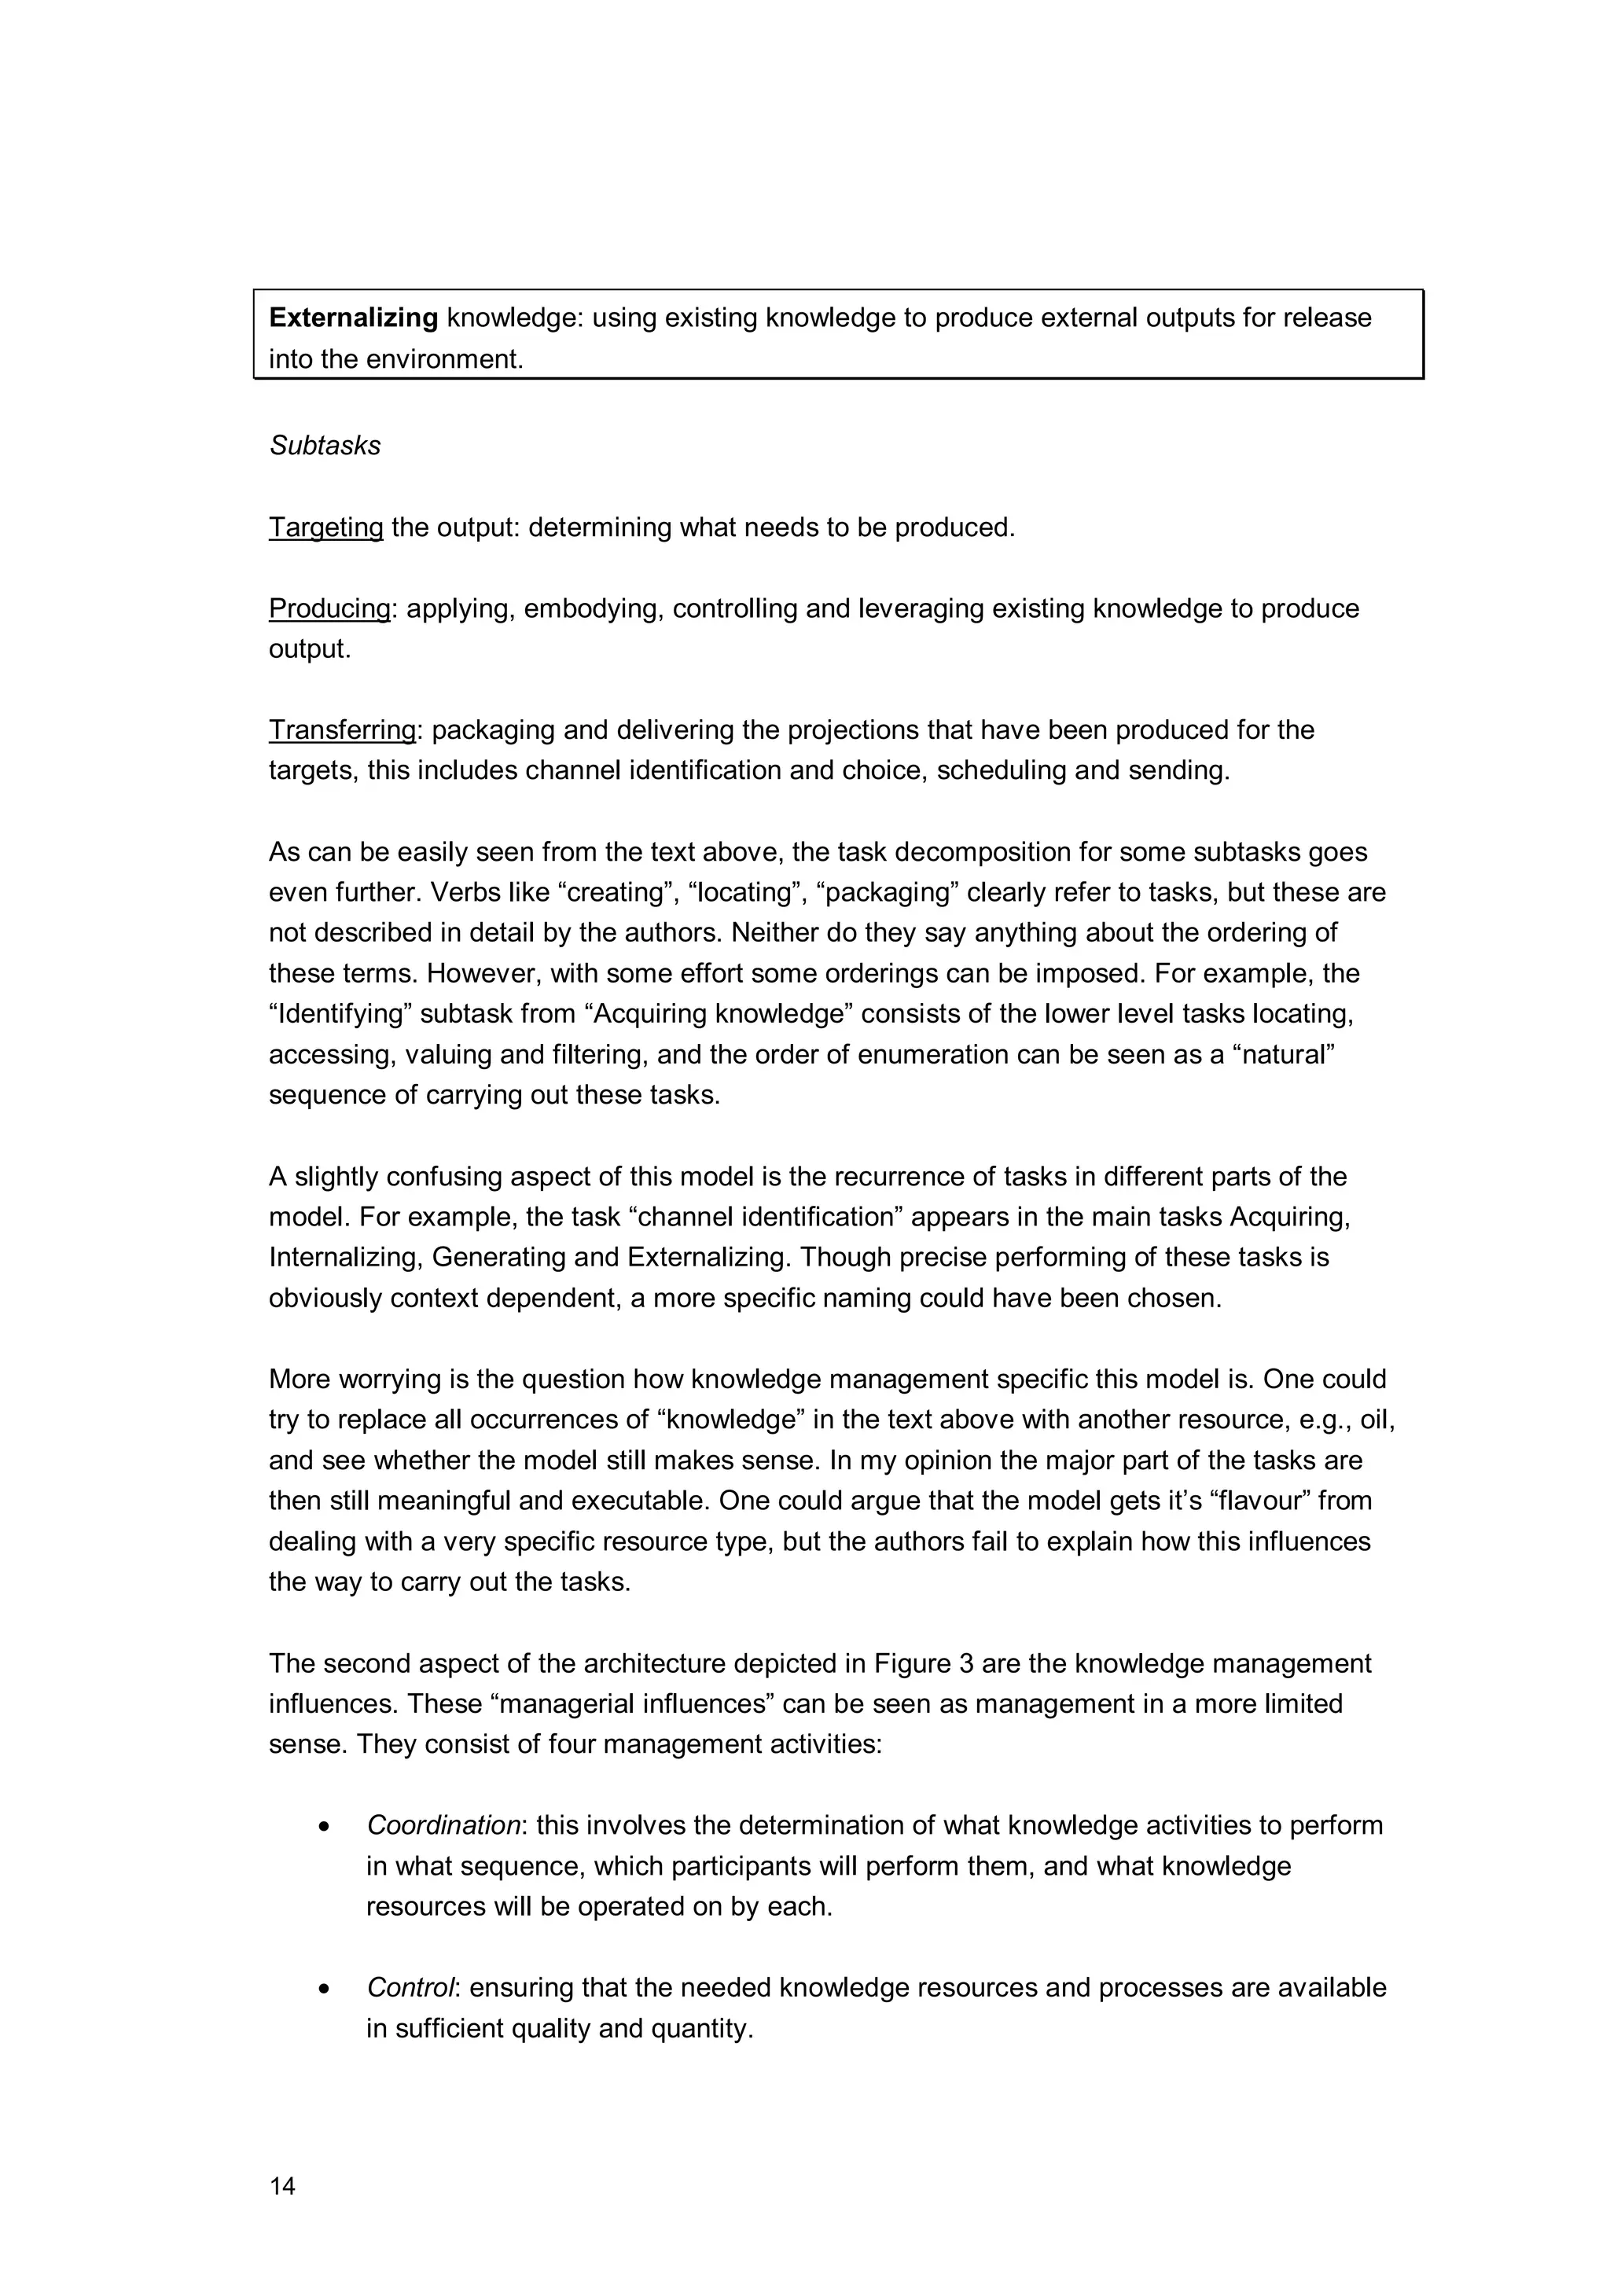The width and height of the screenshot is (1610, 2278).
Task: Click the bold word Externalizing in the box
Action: [353, 318]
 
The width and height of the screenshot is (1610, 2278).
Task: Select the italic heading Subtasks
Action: [325, 446]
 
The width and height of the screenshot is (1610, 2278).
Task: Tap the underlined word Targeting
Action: [325, 527]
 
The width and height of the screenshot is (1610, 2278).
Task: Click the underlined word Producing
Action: [329, 608]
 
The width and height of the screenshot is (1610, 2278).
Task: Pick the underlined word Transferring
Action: [342, 730]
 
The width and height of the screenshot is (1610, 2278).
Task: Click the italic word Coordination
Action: [443, 1825]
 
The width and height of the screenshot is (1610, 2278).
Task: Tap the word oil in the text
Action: [1375, 1420]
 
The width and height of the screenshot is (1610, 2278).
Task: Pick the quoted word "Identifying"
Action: [340, 1014]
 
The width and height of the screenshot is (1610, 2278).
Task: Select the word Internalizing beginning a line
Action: [345, 1258]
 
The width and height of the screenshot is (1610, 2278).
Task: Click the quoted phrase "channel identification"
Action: [765, 1218]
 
